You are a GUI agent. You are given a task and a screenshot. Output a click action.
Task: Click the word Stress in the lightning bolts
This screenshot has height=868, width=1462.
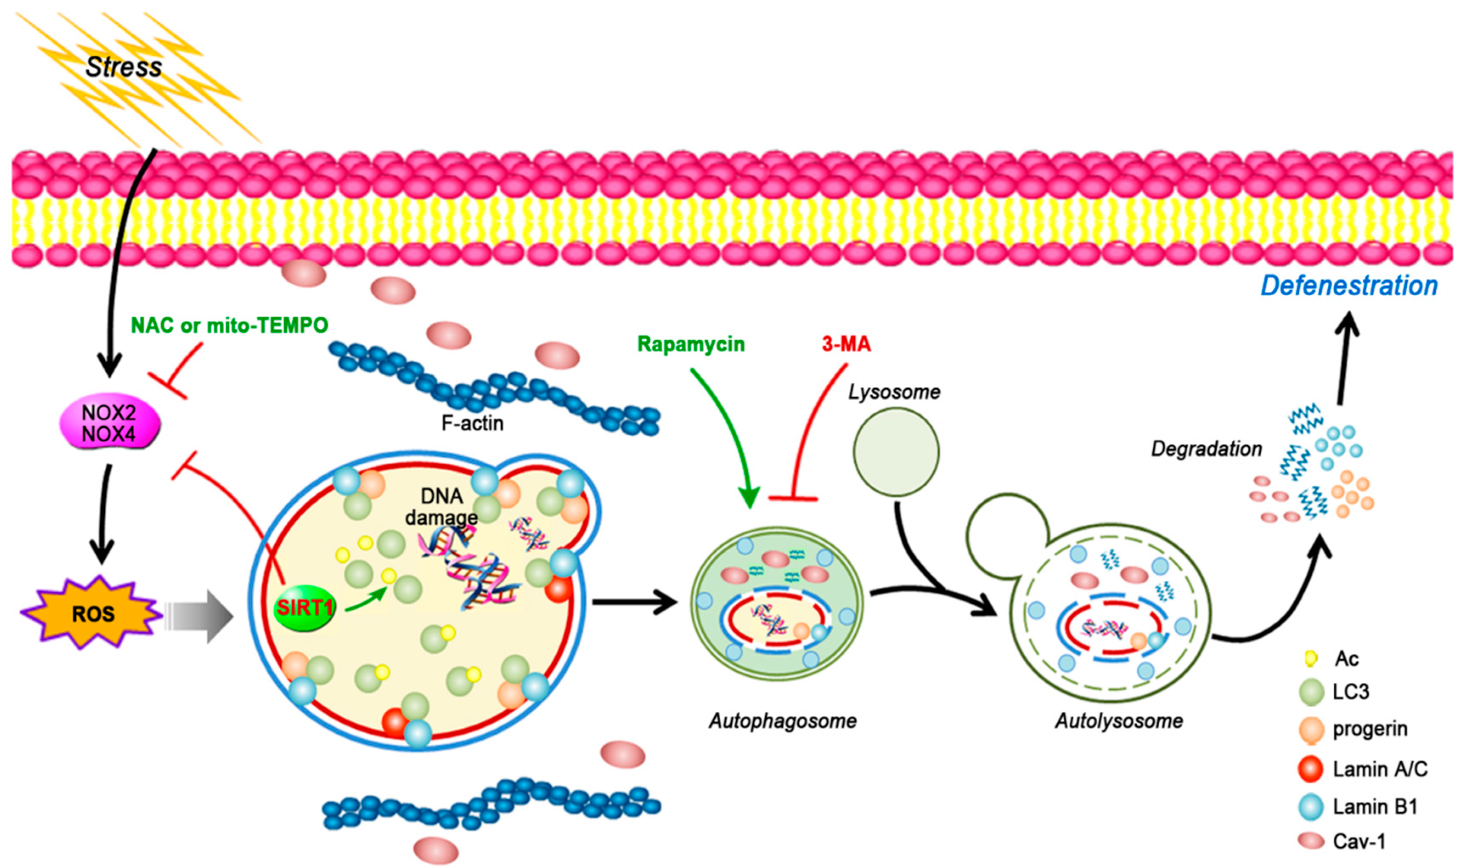click(x=123, y=67)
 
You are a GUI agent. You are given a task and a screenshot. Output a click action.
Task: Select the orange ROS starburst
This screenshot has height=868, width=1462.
click(x=93, y=614)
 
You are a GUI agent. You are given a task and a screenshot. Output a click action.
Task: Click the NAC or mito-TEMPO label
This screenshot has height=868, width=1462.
click(x=229, y=325)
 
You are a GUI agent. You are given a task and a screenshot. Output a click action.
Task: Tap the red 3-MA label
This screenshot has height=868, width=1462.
click(x=846, y=345)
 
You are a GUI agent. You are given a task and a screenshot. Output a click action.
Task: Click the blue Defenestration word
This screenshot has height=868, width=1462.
click(x=1349, y=286)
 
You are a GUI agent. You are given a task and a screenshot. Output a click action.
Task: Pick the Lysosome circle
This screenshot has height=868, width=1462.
click(x=896, y=452)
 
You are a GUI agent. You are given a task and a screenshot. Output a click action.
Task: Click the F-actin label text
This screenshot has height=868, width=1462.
click(x=472, y=423)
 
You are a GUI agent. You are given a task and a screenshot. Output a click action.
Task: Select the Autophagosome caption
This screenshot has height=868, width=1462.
click(x=782, y=721)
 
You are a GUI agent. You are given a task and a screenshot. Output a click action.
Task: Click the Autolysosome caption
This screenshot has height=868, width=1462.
click(x=1118, y=721)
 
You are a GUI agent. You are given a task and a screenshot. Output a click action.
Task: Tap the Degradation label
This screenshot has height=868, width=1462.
click(x=1206, y=449)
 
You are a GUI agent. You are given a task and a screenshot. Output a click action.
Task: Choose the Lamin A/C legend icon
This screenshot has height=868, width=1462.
click(x=1310, y=769)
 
